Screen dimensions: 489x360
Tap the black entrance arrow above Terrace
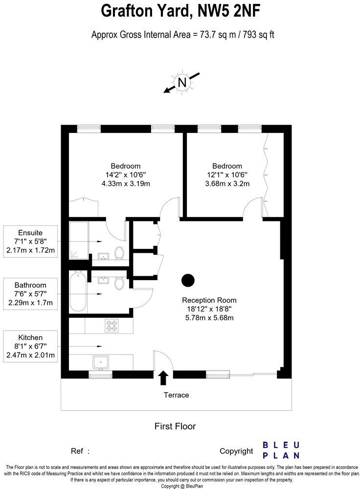click(163, 378)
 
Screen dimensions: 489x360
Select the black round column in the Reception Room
click(188, 280)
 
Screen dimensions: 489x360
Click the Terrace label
click(177, 395)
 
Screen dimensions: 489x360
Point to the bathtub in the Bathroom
click(78, 293)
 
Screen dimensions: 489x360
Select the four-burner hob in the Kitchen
click(112, 324)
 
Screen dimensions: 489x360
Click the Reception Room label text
click(209, 300)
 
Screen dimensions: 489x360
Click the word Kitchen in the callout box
click(30, 337)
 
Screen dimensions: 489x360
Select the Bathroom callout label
click(30, 285)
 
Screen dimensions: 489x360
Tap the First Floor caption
click(175, 426)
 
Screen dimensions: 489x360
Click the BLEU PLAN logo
click(281, 450)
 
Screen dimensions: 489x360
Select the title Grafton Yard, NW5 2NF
click(180, 11)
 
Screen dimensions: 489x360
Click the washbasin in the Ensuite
click(103, 255)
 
